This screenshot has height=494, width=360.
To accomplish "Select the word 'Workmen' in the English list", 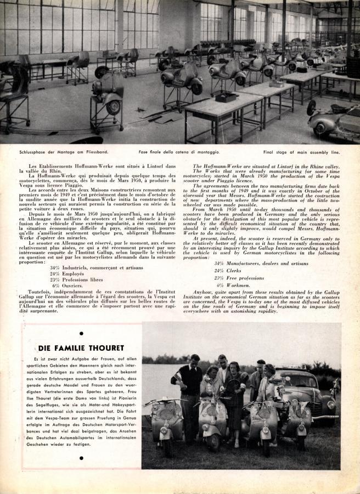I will (241, 285).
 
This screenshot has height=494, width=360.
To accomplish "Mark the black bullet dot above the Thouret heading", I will (81, 333).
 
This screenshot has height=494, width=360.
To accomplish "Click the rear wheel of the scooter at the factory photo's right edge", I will (311, 108).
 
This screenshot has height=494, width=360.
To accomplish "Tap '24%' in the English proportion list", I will (219, 271).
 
